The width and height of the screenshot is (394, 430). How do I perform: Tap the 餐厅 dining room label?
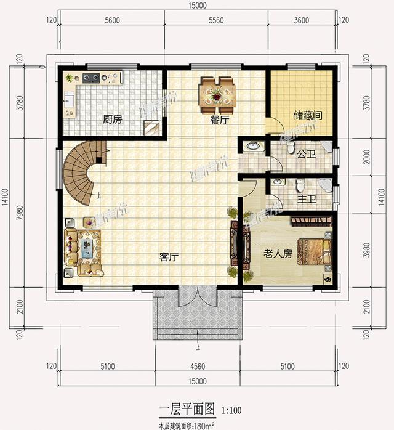point(220,121)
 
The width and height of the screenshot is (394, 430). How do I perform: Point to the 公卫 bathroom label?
point(306,154)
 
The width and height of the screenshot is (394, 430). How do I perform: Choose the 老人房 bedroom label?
point(278,253)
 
